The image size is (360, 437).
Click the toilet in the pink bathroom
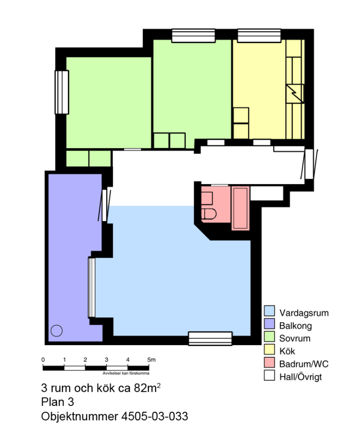209,214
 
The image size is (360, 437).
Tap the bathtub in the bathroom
241,208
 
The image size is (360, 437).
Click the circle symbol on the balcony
56,331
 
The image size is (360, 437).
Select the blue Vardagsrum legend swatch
269,311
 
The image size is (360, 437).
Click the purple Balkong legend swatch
269,324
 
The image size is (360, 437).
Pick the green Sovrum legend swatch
269,336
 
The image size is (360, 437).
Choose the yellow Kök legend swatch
269,350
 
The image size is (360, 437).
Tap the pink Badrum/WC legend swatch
269,362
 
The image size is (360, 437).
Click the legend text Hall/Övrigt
300,377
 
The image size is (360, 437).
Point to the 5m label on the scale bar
151,359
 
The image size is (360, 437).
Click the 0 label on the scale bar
43,359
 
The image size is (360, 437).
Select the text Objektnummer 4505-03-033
115,417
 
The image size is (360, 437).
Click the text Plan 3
57,402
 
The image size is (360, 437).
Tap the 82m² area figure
147,387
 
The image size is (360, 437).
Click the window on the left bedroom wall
62,92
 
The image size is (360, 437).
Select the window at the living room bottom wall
210,338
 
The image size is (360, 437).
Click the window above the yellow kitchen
259,35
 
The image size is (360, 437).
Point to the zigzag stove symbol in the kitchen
295,94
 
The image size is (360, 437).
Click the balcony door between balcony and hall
104,205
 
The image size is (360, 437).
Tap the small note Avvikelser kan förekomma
126,373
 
